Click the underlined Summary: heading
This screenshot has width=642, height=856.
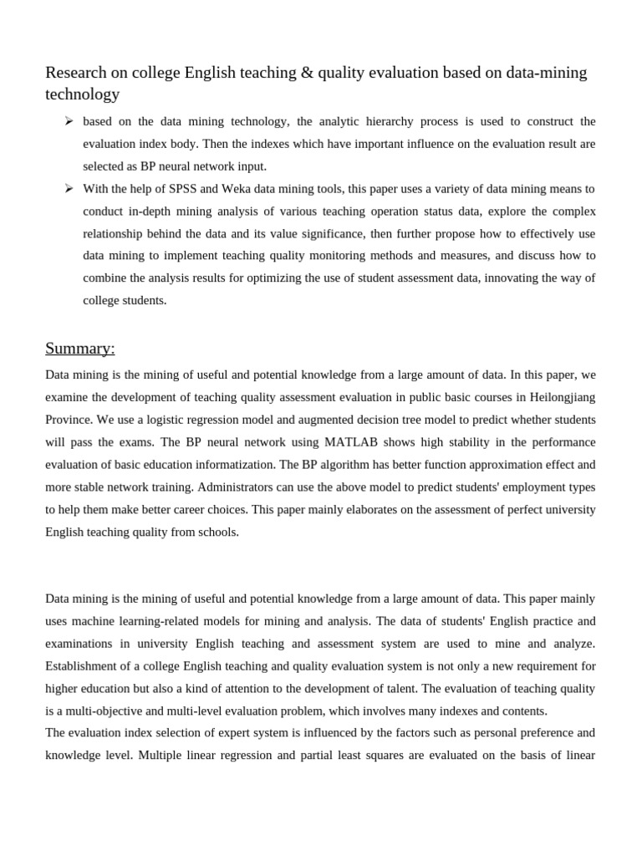point(80,348)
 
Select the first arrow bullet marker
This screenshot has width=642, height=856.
point(69,121)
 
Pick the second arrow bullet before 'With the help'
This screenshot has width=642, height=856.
point(69,188)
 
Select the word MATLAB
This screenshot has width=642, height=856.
point(339,442)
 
